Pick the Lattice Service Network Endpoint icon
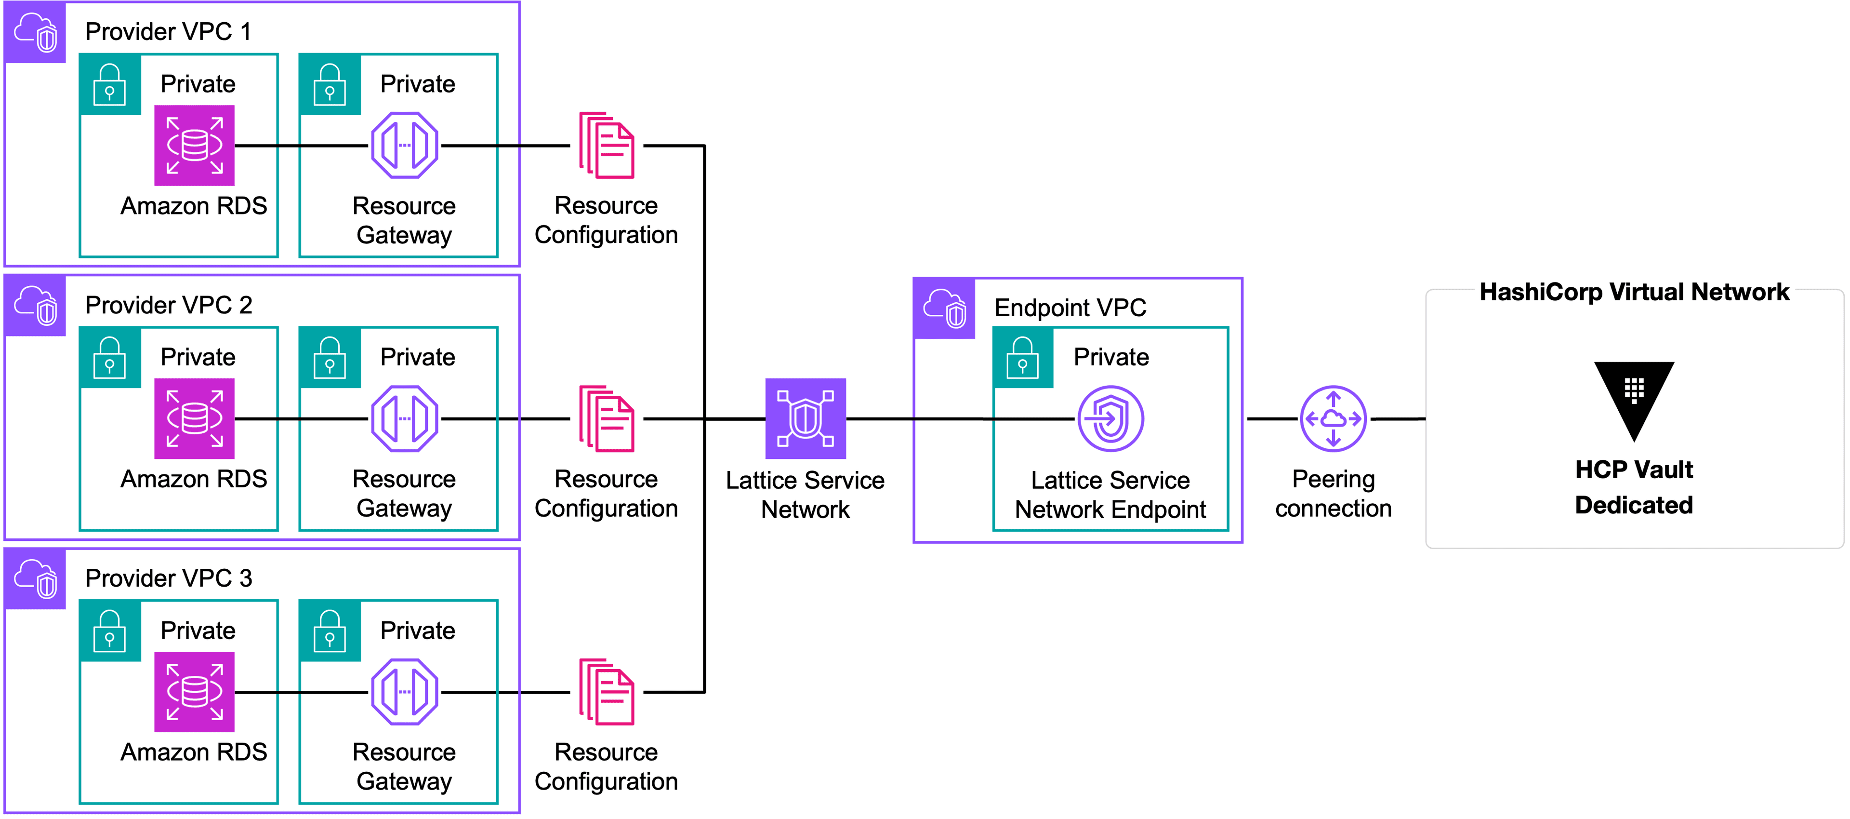pos(1110,419)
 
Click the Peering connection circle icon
pos(1333,419)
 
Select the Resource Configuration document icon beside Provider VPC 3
pos(607,692)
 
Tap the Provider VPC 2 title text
pos(169,305)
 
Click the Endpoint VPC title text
pos(1070,308)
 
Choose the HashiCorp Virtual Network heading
pos(1634,292)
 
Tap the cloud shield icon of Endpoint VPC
pos(944,308)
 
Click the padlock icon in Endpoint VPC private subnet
pos(1023,358)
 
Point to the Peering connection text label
pos(1333,494)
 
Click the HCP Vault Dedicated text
pos(1634,487)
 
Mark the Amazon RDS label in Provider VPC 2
pos(194,479)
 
